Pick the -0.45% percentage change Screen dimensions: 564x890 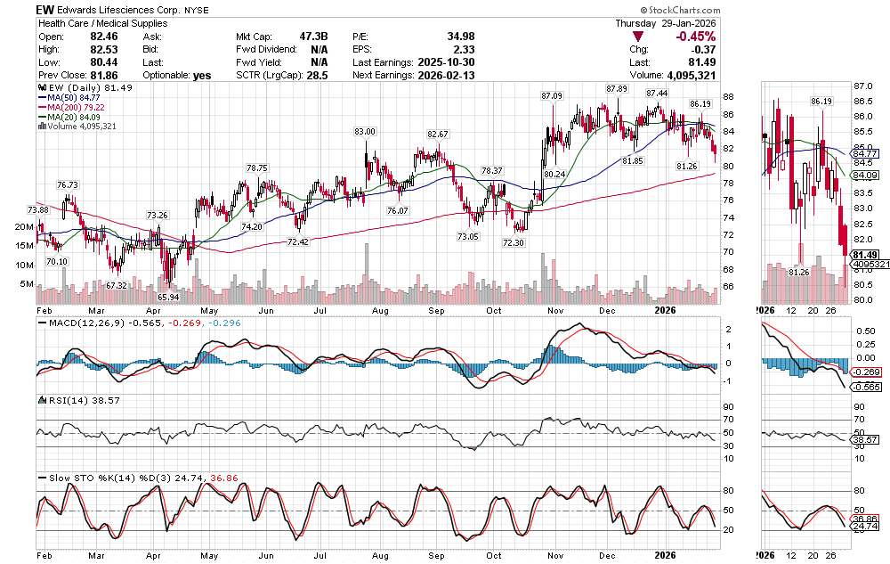pos(693,37)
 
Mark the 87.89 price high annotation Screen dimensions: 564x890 pos(617,89)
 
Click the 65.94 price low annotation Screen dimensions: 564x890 pos(168,296)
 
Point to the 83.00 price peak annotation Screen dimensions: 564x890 pos(365,132)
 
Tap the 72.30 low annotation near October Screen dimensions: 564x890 pos(513,242)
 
